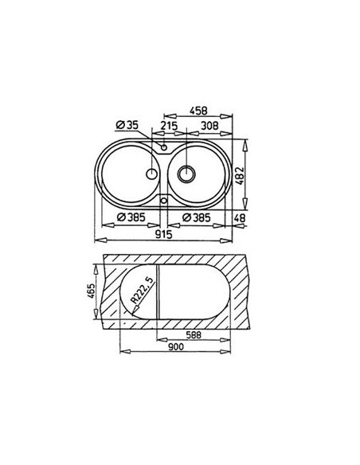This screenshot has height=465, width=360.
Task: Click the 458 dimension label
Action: click(198, 111)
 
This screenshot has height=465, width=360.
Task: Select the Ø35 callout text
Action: click(127, 125)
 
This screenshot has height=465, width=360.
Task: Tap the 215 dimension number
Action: click(169, 126)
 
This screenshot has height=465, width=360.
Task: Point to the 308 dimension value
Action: click(209, 126)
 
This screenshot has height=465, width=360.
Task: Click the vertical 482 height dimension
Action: click(240, 176)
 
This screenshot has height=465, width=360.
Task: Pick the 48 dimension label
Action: click(240, 218)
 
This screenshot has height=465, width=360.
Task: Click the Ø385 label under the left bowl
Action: click(131, 217)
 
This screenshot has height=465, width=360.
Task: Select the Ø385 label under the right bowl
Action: click(196, 217)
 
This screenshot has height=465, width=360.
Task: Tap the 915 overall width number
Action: click(164, 235)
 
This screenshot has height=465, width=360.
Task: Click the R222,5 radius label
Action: click(143, 290)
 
